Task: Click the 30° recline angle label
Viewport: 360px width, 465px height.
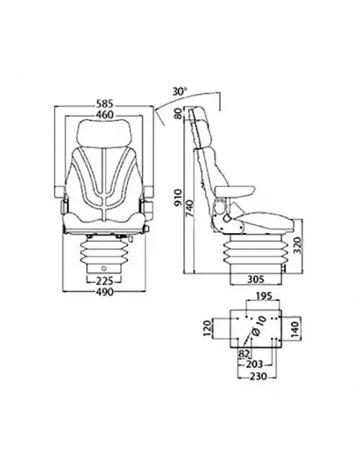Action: (x=181, y=92)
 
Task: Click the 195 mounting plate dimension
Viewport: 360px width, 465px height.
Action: (x=255, y=295)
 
